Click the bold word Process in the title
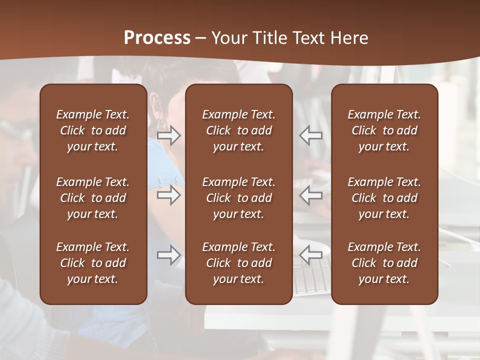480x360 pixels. tap(157, 38)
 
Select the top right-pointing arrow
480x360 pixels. tap(168, 135)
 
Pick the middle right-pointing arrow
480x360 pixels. tap(168, 195)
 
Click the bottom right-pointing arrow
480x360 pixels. tap(168, 255)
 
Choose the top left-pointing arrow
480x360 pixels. tap(310, 135)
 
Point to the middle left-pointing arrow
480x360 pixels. tap(310, 195)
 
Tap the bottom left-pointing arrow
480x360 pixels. tap(310, 255)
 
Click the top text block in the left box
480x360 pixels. tap(93, 130)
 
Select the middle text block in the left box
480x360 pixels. tap(93, 198)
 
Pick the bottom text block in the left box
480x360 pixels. tap(93, 263)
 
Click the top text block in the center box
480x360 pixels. tap(239, 130)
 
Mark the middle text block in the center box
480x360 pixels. tap(239, 198)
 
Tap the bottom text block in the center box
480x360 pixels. tap(239, 263)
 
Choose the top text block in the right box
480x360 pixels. tap(384, 130)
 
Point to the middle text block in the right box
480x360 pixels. tap(384, 198)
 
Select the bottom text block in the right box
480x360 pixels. tap(384, 263)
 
